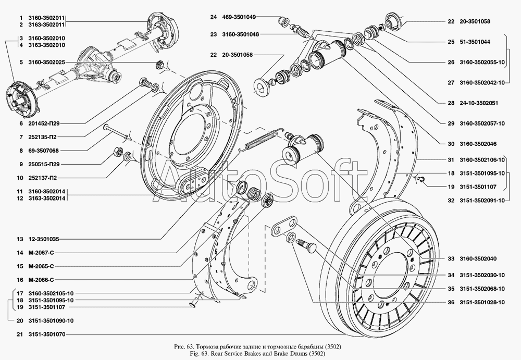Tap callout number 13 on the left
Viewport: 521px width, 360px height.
(x=20, y=239)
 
